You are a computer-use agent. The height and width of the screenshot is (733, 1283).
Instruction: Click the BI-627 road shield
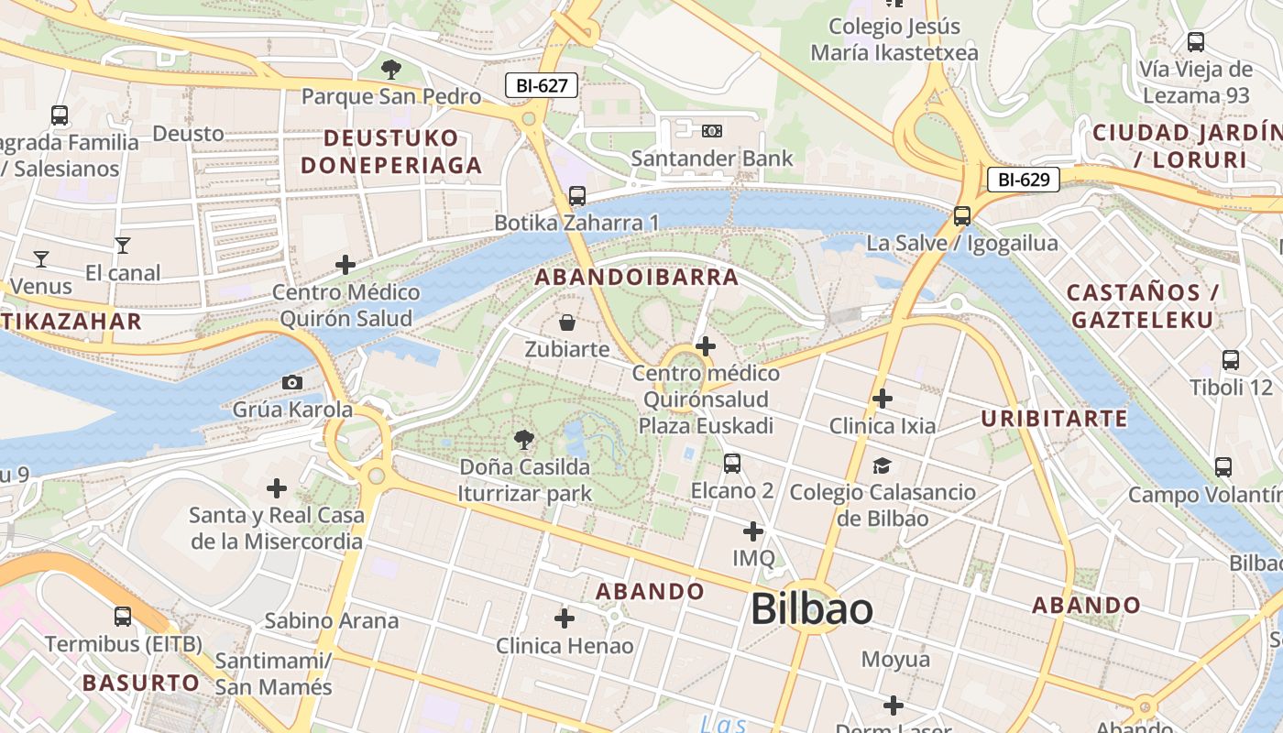pyautogui.click(x=542, y=86)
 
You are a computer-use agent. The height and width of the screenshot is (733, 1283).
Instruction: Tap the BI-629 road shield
pyautogui.click(x=1023, y=180)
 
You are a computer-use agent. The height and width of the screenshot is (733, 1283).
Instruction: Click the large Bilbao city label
pyautogui.click(x=811, y=609)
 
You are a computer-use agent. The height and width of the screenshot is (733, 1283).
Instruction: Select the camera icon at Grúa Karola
pyautogui.click(x=292, y=382)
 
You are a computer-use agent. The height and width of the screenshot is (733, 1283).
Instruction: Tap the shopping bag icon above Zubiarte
pyautogui.click(x=567, y=323)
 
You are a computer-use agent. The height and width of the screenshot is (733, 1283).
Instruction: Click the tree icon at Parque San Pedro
pyautogui.click(x=390, y=69)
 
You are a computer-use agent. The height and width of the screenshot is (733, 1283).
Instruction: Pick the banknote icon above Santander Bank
pyautogui.click(x=712, y=131)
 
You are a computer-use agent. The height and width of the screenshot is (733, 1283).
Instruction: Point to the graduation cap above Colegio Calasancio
pyautogui.click(x=882, y=465)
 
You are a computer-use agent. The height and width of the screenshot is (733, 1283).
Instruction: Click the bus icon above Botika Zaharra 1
pyautogui.click(x=576, y=196)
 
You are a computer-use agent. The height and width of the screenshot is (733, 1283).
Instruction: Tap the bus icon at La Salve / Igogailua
pyautogui.click(x=961, y=216)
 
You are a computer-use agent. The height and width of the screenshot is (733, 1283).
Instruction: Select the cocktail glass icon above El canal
pyautogui.click(x=122, y=246)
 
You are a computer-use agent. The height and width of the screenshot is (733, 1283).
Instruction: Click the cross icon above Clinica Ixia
pyautogui.click(x=882, y=399)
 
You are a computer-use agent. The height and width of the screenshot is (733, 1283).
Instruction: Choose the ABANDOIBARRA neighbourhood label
pyautogui.click(x=636, y=277)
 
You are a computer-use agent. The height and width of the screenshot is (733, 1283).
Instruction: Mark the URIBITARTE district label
pyautogui.click(x=1054, y=419)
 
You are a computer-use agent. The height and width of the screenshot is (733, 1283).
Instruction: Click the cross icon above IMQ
pyautogui.click(x=752, y=531)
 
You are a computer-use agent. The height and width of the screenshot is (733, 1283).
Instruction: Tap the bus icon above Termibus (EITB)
pyautogui.click(x=123, y=617)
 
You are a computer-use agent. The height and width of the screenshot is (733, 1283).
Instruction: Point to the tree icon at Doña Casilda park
pyautogui.click(x=524, y=440)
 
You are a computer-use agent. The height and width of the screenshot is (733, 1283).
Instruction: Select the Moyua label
pyautogui.click(x=895, y=660)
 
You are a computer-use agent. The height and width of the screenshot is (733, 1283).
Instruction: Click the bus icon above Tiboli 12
pyautogui.click(x=1230, y=360)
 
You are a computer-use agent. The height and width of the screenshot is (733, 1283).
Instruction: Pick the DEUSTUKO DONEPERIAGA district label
pyautogui.click(x=391, y=152)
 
